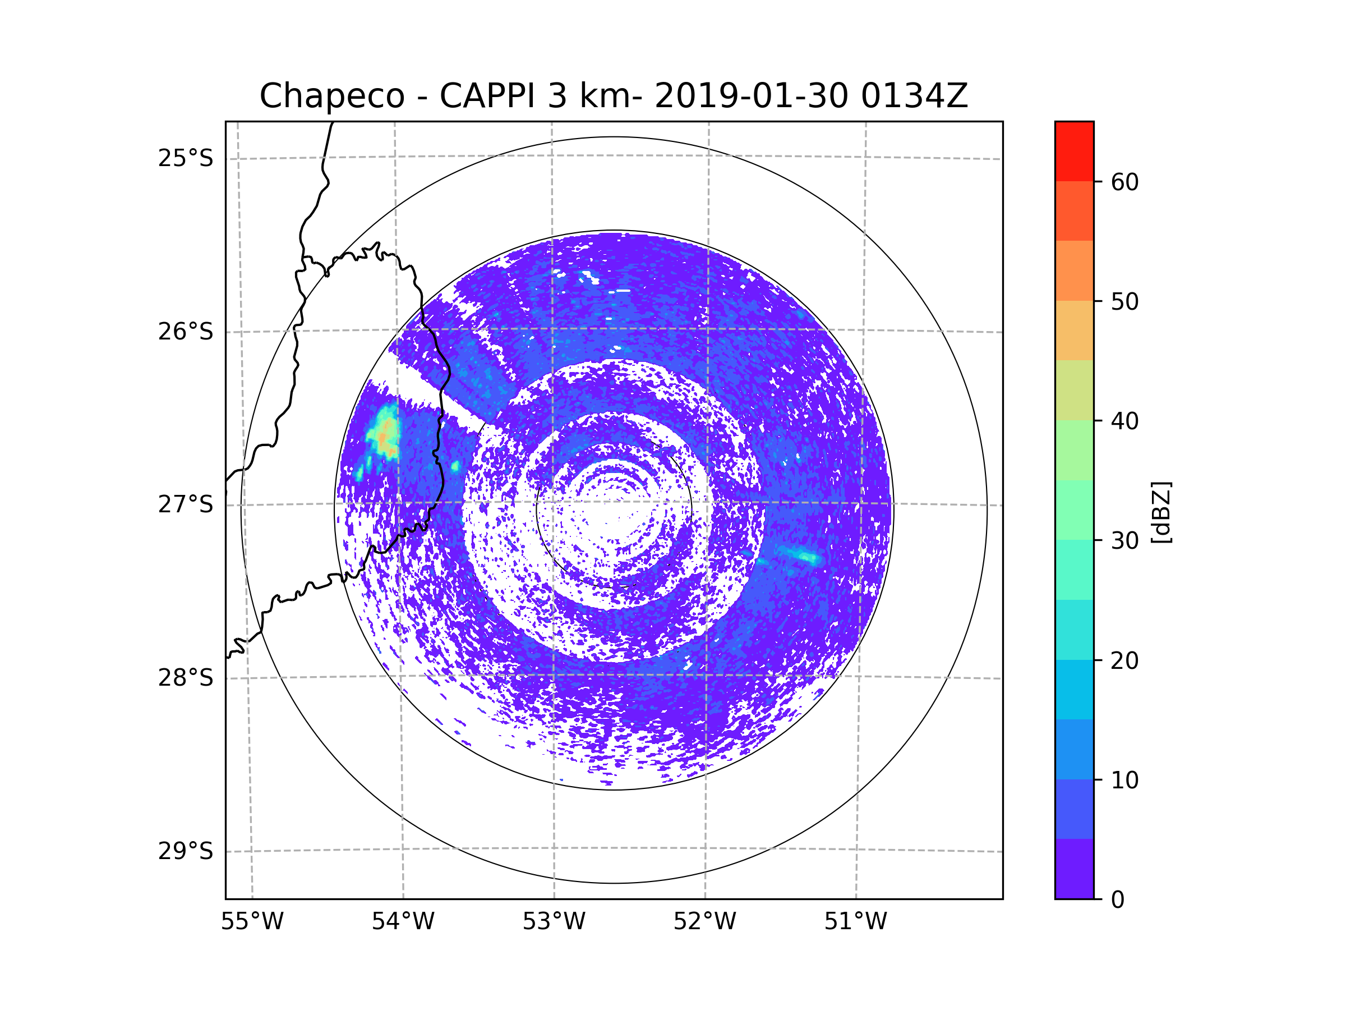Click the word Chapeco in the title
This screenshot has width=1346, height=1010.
point(331,96)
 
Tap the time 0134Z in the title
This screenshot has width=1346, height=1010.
point(914,96)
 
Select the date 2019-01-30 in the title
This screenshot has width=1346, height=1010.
point(751,96)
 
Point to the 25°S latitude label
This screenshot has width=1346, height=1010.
point(186,158)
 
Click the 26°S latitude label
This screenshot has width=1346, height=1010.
point(186,332)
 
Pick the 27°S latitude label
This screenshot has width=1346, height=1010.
point(186,504)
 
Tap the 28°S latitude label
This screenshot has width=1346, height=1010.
point(186,678)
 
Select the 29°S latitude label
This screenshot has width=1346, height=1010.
point(186,851)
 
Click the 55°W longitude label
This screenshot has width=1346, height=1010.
point(252,922)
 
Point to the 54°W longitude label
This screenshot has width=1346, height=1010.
point(403,922)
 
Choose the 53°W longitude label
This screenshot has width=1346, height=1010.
point(554,922)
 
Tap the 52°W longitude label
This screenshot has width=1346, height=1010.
point(704,922)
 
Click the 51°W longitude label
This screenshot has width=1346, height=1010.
point(855,922)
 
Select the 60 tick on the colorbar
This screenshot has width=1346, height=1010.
point(1124,182)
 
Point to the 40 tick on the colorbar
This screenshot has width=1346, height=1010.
point(1124,421)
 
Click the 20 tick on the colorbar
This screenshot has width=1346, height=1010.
point(1124,660)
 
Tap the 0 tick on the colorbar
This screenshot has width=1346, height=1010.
point(1118,900)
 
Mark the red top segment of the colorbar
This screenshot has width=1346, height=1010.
point(1074,151)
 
